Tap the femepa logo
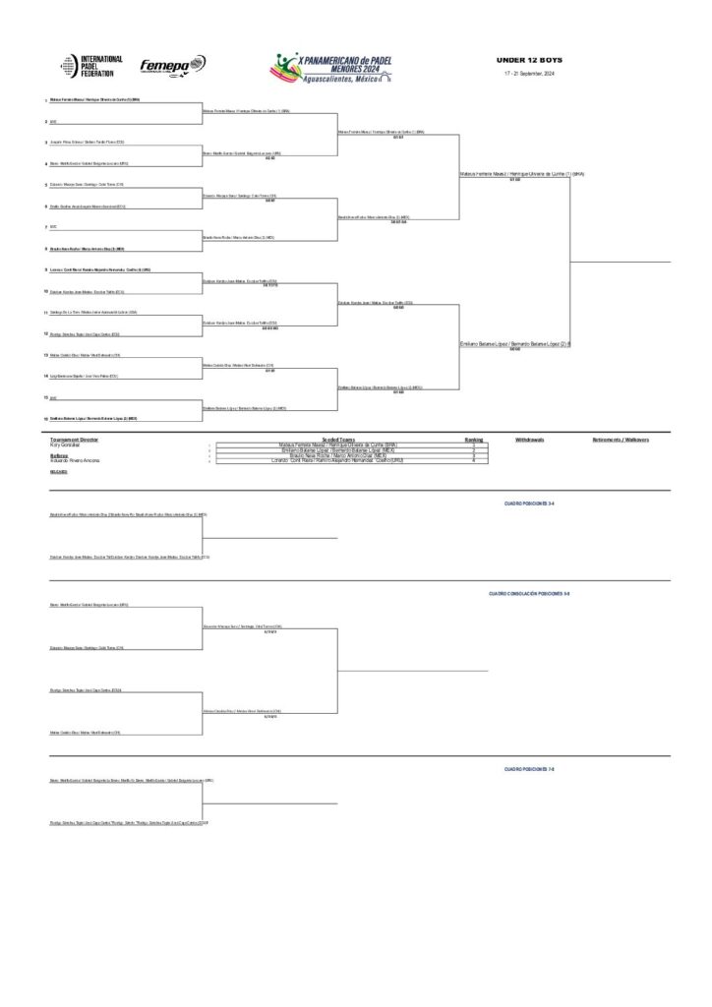coord(172,66)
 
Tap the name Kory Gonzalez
coord(64,445)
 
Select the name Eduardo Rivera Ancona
coord(73,460)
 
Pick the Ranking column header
coord(474,440)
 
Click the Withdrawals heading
coord(529,440)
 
